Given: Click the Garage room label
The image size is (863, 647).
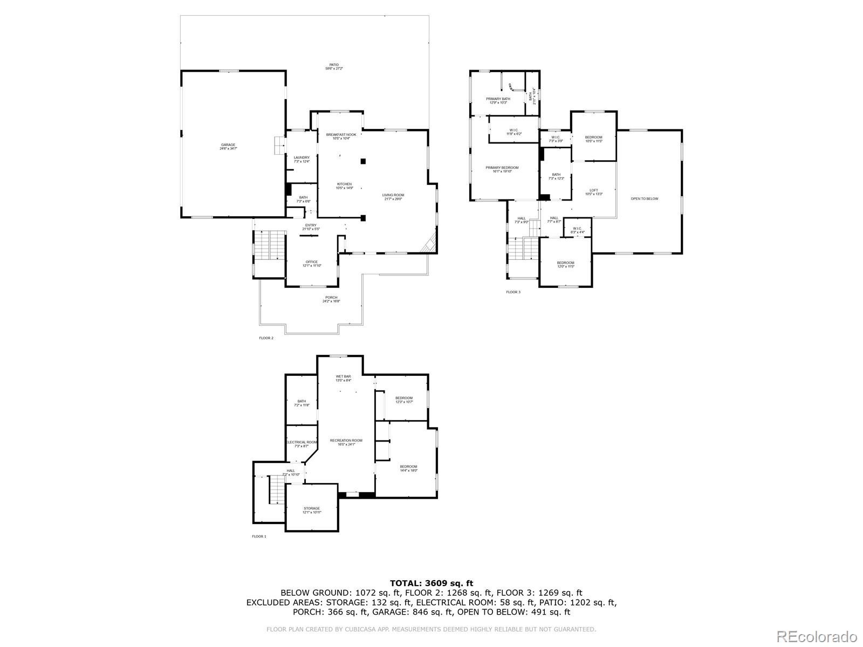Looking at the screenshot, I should [228, 146].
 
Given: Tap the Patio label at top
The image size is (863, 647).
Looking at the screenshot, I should [334, 66].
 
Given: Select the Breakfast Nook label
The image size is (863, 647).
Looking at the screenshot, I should [341, 136].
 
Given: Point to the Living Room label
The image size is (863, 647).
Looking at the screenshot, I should [393, 197].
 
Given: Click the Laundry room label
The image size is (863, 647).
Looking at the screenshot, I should [302, 159].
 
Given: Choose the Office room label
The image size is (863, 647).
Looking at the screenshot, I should [312, 264].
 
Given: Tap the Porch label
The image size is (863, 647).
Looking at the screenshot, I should [331, 299].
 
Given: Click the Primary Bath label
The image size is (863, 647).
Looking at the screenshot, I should [498, 100].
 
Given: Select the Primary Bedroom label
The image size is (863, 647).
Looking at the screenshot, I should [502, 169].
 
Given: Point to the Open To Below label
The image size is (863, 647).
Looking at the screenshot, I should [645, 199].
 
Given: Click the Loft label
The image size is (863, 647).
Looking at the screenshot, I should [593, 192].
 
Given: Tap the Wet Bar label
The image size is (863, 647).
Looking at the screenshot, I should [344, 378].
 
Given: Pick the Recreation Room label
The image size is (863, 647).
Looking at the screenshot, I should [346, 442].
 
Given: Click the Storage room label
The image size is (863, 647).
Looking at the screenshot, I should [312, 510].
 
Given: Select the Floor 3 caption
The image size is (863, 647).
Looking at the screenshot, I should [513, 292].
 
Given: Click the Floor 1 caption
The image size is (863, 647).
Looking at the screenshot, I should [259, 536].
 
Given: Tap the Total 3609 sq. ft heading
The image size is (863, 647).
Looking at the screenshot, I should [431, 583].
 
